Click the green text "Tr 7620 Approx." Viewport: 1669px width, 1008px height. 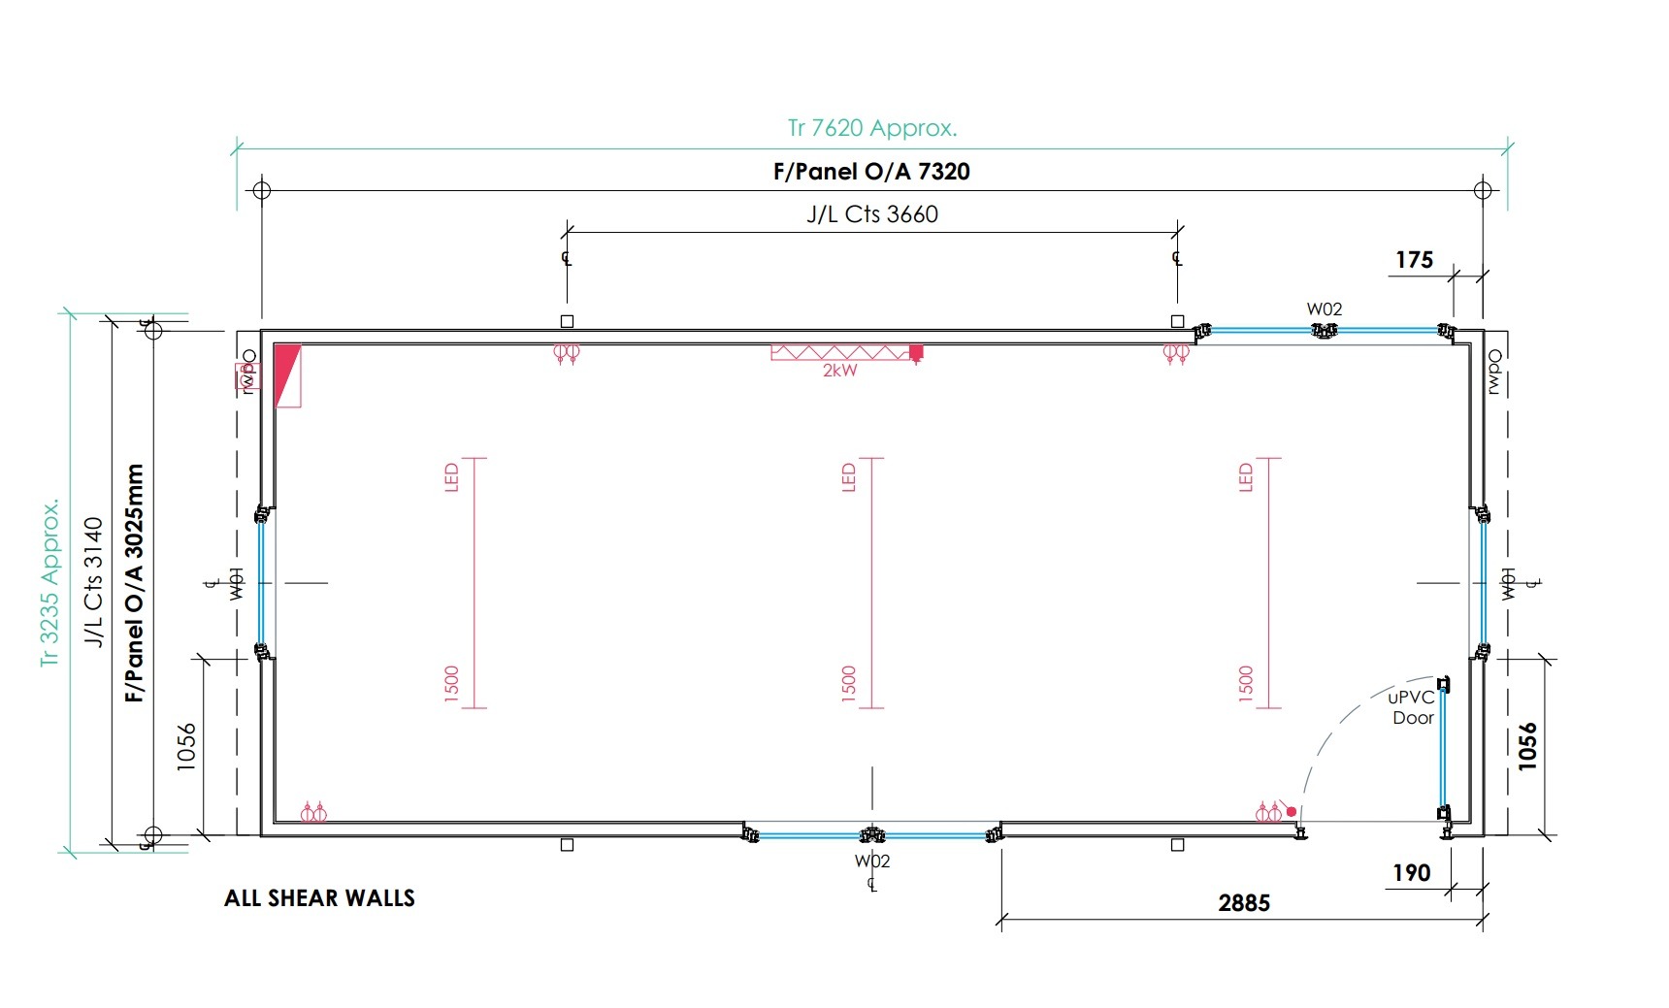871,128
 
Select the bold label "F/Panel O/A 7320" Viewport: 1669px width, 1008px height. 871,172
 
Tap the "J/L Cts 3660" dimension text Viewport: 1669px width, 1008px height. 872,214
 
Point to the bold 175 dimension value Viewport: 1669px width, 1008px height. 1414,260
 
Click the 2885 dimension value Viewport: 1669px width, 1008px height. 1244,903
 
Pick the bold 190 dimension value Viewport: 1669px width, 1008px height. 1412,873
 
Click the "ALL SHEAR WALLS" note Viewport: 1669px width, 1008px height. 319,898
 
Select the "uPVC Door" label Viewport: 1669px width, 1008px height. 1412,707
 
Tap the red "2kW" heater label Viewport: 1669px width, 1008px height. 840,371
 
